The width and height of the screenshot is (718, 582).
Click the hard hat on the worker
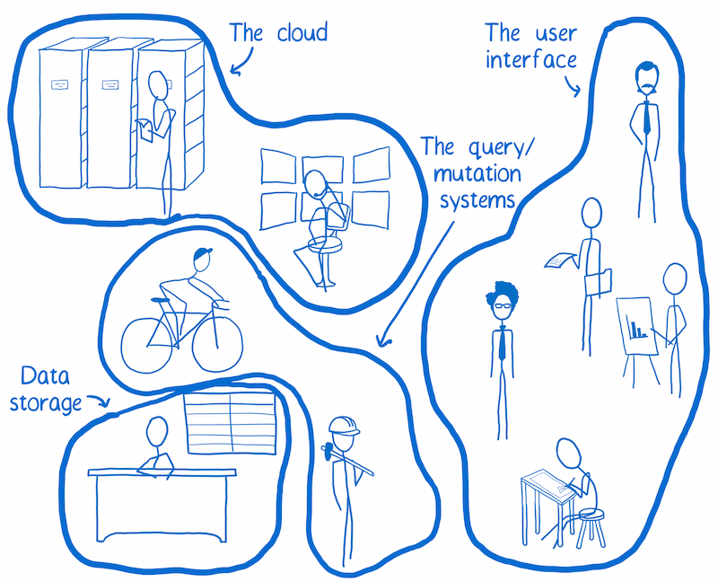click(x=343, y=425)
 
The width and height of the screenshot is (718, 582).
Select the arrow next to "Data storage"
click(x=101, y=406)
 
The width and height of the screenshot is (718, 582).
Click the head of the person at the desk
click(x=157, y=436)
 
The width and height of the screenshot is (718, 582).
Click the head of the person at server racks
click(x=158, y=85)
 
